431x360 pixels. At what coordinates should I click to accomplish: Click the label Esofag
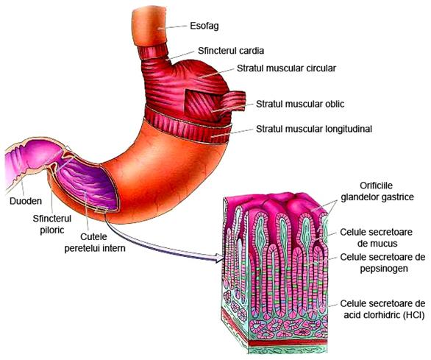point(204,26)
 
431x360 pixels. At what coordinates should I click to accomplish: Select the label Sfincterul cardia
point(231,51)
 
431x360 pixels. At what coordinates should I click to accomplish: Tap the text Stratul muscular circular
point(286,68)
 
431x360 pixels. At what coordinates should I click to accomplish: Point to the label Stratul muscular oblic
point(300,104)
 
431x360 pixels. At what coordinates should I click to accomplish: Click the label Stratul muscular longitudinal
point(314,129)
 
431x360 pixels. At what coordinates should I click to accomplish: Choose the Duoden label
point(26,201)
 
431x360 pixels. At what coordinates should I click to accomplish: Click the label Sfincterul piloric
point(52,225)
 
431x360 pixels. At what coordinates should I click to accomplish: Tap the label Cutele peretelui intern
point(95,242)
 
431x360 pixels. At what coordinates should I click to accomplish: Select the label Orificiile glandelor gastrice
point(377,191)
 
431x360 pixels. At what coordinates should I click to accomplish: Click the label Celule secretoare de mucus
point(376,238)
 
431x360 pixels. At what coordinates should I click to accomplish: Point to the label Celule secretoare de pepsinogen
point(382,263)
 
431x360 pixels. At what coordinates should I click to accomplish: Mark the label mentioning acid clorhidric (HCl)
point(382,309)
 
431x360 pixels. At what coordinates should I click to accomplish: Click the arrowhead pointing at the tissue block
point(218,258)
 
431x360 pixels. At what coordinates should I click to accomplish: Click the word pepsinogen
point(384,269)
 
